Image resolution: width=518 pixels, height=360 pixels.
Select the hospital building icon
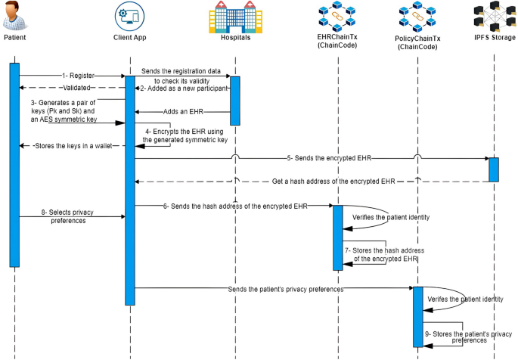[x=234, y=17]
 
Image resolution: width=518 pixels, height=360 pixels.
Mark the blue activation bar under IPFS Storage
[x=494, y=169]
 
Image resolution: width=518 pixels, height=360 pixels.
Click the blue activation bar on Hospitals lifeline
[x=234, y=100]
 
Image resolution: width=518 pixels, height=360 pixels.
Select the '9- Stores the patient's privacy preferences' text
[x=462, y=337]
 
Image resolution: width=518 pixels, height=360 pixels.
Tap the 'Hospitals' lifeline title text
[x=234, y=37]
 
